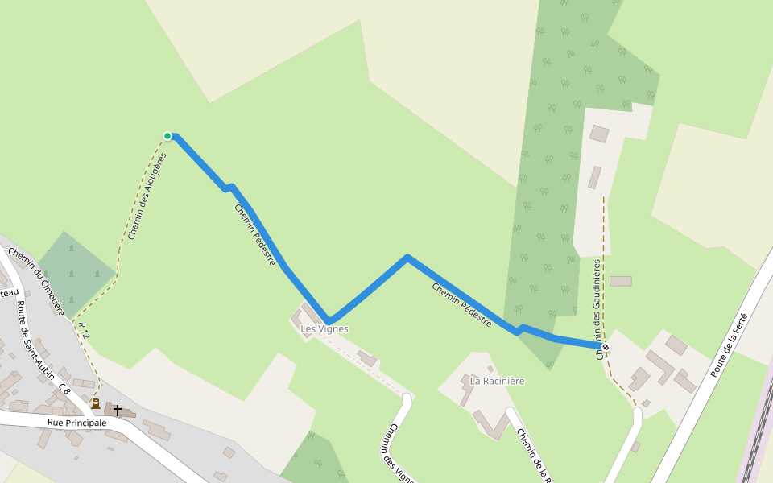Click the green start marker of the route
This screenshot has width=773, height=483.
[x=167, y=136]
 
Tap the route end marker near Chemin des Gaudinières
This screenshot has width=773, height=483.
[x=606, y=347]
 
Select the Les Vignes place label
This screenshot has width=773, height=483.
[x=324, y=329]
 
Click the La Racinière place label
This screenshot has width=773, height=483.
[x=498, y=381]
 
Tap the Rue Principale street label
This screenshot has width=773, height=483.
[x=77, y=422]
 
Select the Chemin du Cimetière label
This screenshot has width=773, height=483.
[x=35, y=281]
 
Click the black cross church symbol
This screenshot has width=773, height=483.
[x=118, y=411]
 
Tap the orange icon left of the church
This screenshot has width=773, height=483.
[x=96, y=403]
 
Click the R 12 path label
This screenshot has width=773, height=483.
[x=84, y=330]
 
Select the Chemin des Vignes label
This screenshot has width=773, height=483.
[x=397, y=454]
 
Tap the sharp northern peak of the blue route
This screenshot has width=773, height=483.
[x=407, y=258]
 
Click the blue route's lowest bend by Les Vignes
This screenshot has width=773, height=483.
[x=328, y=320]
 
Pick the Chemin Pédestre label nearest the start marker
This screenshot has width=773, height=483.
[x=255, y=234]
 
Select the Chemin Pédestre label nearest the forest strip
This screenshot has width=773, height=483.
[x=461, y=303]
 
